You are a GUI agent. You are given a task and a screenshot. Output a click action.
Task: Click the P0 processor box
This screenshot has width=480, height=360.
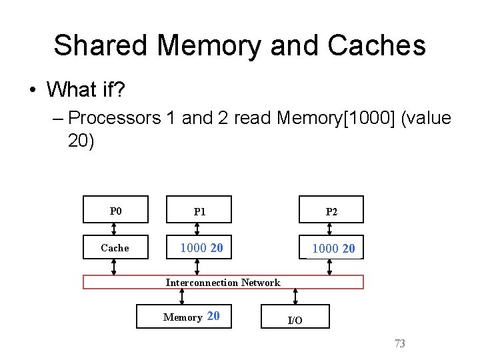tap(115, 210)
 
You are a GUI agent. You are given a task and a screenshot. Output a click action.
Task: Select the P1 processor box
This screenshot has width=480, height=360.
tap(199, 210)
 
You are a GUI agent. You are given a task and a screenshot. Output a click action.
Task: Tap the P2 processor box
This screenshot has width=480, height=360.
tap(331, 210)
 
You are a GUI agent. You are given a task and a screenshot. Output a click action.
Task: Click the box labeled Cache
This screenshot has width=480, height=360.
tap(115, 248)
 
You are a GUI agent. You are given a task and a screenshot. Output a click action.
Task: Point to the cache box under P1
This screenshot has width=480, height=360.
tap(199, 248)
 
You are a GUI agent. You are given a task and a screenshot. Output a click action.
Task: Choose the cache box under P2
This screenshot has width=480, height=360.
tap(331, 248)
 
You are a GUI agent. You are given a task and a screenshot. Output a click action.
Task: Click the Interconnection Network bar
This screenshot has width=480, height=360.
tap(223, 282)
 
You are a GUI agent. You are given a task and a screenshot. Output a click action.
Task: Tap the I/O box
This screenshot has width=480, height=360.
tap(295, 317)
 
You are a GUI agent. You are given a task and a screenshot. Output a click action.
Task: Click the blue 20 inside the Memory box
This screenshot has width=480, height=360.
tap(213, 316)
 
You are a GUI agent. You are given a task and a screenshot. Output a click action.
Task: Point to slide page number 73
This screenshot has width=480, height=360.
tap(400, 344)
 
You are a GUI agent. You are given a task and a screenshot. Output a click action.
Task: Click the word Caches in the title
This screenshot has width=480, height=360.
tap(382, 45)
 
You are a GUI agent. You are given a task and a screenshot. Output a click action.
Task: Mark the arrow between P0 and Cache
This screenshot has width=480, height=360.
tap(114, 229)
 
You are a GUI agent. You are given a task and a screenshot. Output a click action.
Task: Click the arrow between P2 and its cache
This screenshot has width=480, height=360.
tap(329, 229)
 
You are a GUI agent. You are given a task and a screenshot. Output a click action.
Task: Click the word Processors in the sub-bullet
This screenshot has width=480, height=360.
tap(114, 119)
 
